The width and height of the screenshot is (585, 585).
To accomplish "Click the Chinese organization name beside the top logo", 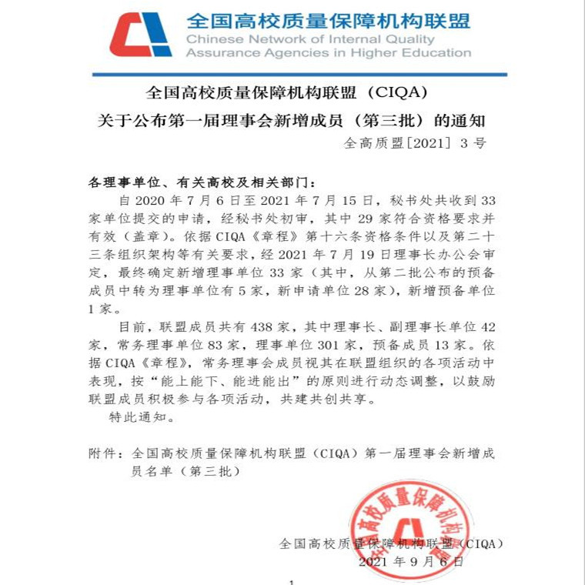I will click(328, 20).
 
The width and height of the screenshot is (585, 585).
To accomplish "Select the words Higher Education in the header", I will click(419, 53).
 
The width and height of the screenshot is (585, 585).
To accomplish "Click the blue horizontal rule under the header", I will click(299, 75).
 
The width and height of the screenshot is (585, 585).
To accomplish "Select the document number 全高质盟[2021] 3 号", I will click(414, 143).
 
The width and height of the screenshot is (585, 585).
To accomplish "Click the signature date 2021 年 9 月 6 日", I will click(411, 562).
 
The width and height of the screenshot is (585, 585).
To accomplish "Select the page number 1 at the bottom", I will click(292, 582).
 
